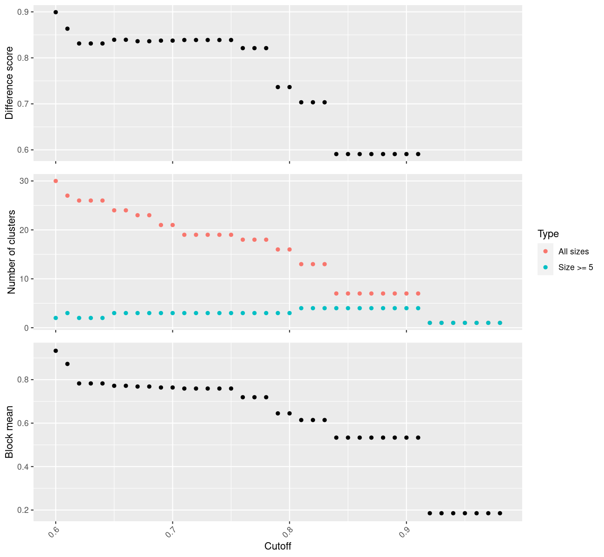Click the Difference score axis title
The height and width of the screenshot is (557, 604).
tap(9, 83)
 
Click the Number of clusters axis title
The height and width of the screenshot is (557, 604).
tap(12, 252)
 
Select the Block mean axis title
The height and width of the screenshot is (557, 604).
tap(9, 432)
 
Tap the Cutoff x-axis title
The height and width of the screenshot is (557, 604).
tap(277, 546)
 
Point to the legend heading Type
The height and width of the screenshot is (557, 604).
tap(548, 233)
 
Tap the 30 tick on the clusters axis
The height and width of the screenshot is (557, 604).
tap(24, 181)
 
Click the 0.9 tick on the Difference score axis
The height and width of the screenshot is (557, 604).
tap(22, 12)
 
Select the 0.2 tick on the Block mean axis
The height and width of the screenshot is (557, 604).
tap(22, 510)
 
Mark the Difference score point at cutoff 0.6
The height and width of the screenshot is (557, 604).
tap(56, 12)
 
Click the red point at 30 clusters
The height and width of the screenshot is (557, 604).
tap(56, 181)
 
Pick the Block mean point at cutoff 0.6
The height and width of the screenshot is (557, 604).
tap(56, 351)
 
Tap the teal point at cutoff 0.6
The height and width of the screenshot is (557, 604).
tap(56, 318)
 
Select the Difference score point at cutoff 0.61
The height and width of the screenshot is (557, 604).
tap(67, 29)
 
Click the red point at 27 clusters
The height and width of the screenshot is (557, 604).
tap(67, 196)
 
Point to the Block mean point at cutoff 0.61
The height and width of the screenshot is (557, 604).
tap(67, 364)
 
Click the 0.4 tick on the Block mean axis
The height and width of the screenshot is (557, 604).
tap(22, 466)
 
